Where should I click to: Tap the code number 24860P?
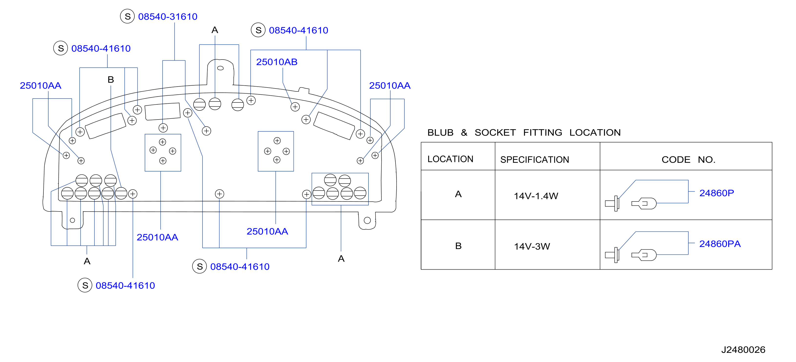tap(717, 193)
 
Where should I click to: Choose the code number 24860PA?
tap(720, 244)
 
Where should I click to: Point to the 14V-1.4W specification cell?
tap(536, 196)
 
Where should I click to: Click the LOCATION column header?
tap(450, 159)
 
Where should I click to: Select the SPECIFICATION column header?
tap(535, 160)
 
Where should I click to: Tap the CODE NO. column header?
tap(688, 160)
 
